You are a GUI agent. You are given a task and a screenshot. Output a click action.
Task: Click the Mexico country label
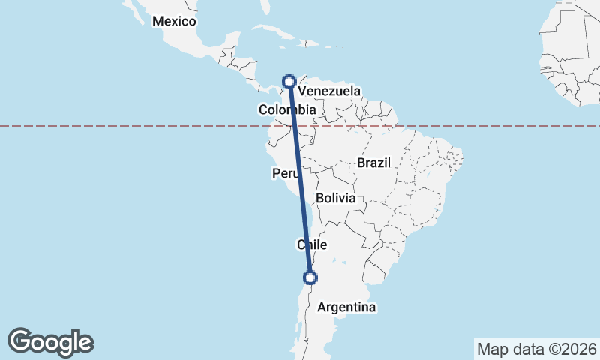[x=174, y=21]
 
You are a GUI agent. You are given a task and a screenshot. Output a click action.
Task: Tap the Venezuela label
[x=328, y=91]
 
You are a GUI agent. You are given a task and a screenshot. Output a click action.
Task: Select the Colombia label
[x=287, y=110]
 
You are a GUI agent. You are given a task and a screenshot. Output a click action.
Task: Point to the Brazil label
[x=374, y=163]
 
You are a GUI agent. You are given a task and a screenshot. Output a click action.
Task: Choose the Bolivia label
[x=335, y=199]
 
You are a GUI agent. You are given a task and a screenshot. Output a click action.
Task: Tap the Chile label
[x=312, y=244]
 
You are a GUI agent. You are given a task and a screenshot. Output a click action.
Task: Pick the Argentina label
[x=346, y=307]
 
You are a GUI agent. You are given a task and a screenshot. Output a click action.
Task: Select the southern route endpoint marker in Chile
[x=310, y=277]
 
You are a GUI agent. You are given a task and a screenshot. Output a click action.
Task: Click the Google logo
[x=50, y=341]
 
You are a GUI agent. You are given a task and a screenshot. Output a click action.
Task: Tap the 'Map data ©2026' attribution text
[x=535, y=349]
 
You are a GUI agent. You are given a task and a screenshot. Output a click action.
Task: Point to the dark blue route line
[x=300, y=180]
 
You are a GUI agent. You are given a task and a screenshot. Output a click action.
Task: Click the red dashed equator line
[x=150, y=126]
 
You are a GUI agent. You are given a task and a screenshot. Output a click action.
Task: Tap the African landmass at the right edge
[x=570, y=52]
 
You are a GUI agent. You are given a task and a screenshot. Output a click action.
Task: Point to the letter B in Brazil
[x=361, y=163]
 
